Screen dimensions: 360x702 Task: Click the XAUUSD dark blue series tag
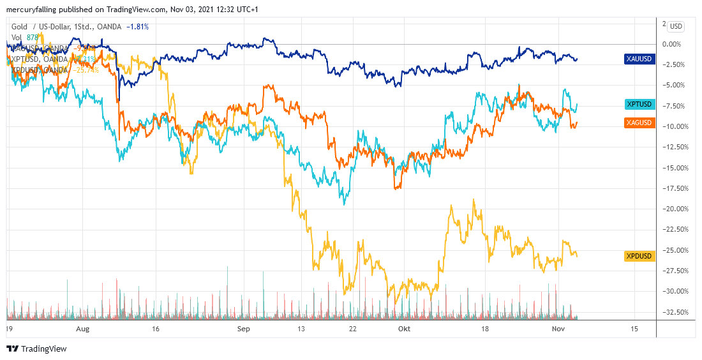(639, 59)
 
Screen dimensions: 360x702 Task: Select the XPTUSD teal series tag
(639, 104)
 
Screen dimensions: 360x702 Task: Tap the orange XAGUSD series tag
(639, 123)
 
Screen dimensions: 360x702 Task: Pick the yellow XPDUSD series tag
(639, 257)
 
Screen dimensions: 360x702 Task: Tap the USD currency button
(675, 26)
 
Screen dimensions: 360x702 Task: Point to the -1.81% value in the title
(137, 27)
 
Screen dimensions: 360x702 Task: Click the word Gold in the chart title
(20, 27)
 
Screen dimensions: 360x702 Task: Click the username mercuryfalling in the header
(31, 10)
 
